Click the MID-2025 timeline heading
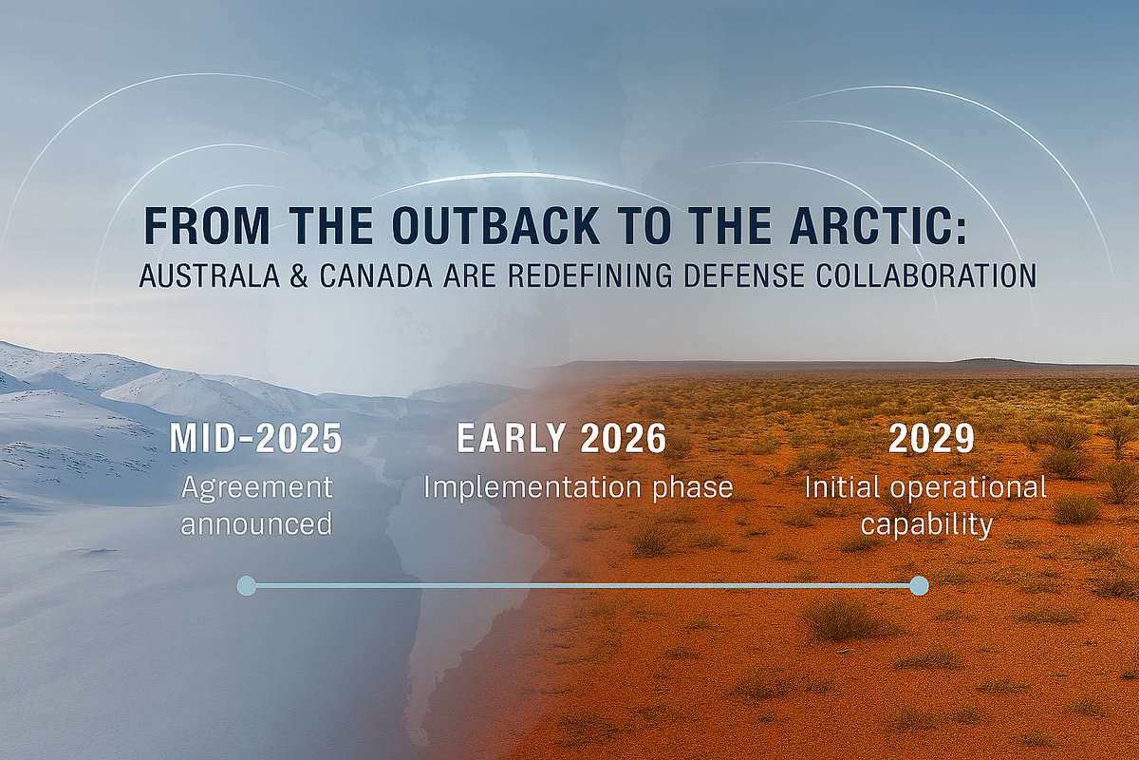[255, 440]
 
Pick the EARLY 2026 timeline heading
[561, 440]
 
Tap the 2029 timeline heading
[931, 440]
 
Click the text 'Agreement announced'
[256, 505]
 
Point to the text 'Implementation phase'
[578, 487]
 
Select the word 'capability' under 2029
[925, 524]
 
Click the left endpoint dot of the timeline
[246, 585]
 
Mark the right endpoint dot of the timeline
[918, 585]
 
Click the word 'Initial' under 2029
[836, 487]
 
